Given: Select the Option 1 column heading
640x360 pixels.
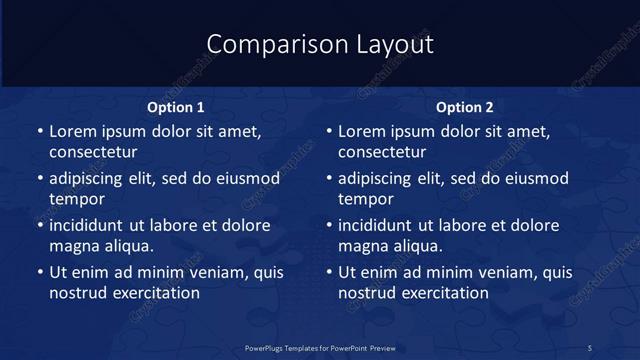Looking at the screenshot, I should coord(176,107).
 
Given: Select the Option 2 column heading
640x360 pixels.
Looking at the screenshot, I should coord(465,107).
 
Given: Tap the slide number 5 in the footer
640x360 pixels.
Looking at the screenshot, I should coord(590,348).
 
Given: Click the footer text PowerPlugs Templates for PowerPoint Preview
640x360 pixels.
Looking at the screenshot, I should coord(320,348).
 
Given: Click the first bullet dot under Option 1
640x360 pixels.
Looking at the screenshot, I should coord(40,132).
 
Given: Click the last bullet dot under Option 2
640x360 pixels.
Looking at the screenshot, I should coord(330,273).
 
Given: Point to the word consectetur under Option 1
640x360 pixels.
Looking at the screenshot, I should coord(93,152).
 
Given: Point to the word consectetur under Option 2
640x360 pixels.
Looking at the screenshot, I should coord(383,152).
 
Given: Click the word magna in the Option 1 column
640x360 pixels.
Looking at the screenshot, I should coord(73,246).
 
